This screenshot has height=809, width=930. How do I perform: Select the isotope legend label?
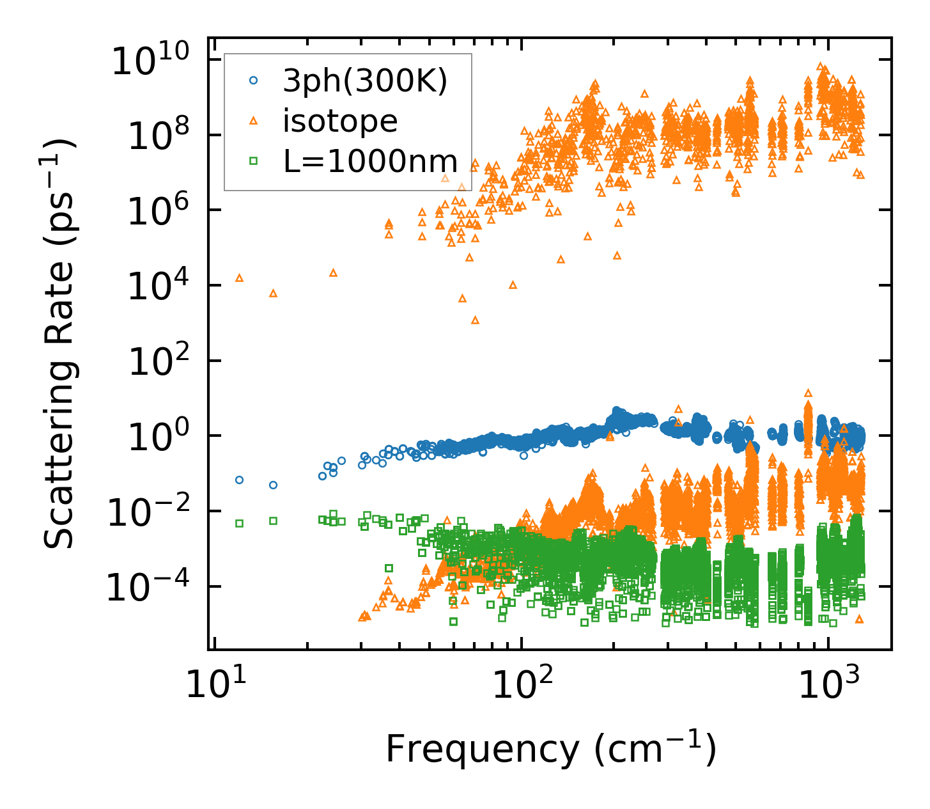[340, 122]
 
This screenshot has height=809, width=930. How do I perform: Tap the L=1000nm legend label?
[371, 161]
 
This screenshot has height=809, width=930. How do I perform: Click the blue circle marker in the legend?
[254, 81]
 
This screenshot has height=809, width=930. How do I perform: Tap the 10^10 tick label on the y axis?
[151, 62]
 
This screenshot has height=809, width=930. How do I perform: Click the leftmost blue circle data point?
[240, 480]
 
